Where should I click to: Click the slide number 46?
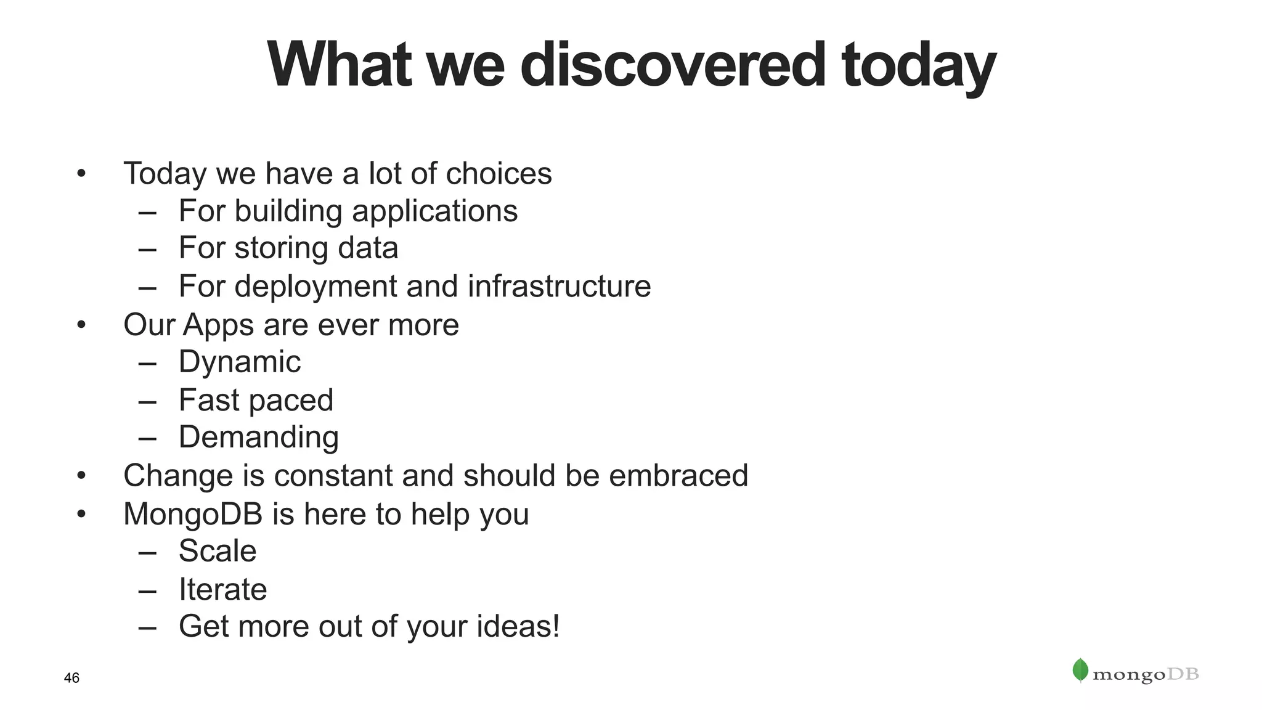pyautogui.click(x=71, y=678)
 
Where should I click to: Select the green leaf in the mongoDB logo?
pyautogui.click(x=1080, y=670)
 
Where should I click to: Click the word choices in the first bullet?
pyautogui.click(x=499, y=173)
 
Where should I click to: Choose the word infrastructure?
pyautogui.click(x=559, y=286)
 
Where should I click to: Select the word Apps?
pyautogui.click(x=219, y=325)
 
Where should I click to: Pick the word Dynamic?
pyautogui.click(x=240, y=362)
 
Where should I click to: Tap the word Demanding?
pyautogui.click(x=259, y=438)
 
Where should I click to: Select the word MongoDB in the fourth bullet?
pyautogui.click(x=193, y=514)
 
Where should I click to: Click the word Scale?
pyautogui.click(x=218, y=550)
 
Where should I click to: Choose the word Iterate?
pyautogui.click(x=222, y=589)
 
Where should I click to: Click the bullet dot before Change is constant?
pyautogui.click(x=81, y=476)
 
